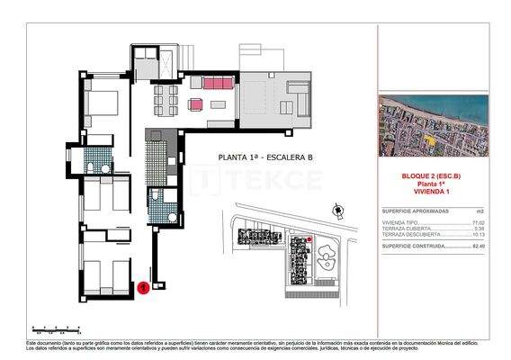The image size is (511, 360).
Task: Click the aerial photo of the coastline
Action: (x=433, y=125)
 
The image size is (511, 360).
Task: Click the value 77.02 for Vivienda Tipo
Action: (x=478, y=220)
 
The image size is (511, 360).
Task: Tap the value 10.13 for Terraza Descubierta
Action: (x=478, y=234)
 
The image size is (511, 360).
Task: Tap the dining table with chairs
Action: (x=164, y=94)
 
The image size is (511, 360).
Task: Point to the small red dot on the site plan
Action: (x=309, y=239)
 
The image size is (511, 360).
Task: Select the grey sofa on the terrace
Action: (x=296, y=92)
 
